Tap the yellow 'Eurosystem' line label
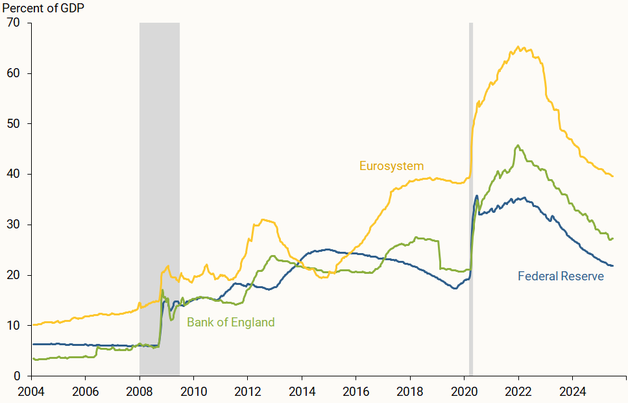coord(391,166)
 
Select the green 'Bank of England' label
coord(230,323)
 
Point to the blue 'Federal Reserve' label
coord(561,276)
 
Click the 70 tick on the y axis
coord(14,23)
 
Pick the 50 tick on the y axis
coord(14,124)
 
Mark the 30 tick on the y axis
coord(14,225)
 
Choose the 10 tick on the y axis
coord(14,326)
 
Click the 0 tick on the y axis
coord(18,376)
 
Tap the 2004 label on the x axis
coord(31,391)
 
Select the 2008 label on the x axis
coord(139,391)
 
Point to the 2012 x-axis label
coord(247,391)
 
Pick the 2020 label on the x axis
coord(463,391)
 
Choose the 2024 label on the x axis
coord(572,391)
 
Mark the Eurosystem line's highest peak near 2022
coord(517,47)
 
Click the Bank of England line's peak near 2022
coord(517,145)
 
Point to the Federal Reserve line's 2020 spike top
coord(477,195)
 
